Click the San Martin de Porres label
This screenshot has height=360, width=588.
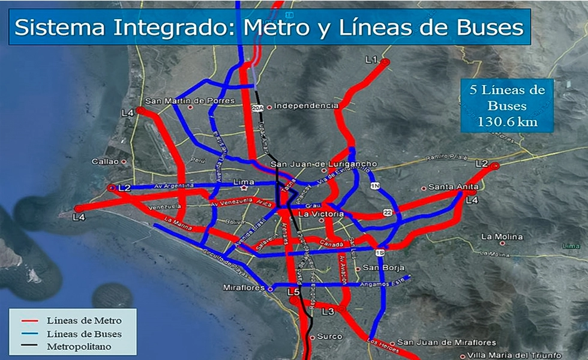[190, 101]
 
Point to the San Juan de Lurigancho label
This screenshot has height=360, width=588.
[324, 164]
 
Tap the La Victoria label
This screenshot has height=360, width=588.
[320, 214]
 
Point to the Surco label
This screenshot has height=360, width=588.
[329, 337]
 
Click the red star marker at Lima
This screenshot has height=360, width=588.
[244, 188]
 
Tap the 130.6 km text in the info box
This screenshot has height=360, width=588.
[507, 122]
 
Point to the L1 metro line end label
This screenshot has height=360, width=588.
[370, 60]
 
